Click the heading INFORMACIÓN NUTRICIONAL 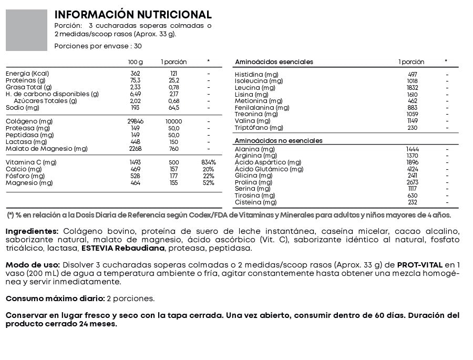click(x=133, y=15)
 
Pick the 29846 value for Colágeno click(x=136, y=121)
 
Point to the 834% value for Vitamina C click(x=208, y=162)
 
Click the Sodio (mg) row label click(x=23, y=108)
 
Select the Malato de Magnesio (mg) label click(x=46, y=149)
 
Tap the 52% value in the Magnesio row click(x=208, y=183)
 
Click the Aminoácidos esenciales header click(x=274, y=62)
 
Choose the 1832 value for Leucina click(x=412, y=88)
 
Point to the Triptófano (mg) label click(x=259, y=128)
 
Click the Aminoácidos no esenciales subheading click(x=279, y=141)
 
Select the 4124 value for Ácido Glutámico click(x=412, y=169)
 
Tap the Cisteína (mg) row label click(x=255, y=202)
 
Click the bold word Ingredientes click(x=32, y=231)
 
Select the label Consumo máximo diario click(x=55, y=299)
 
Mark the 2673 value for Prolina click(x=412, y=182)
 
